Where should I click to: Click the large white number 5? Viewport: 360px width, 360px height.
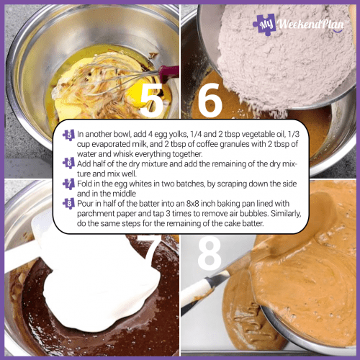coord(151,101)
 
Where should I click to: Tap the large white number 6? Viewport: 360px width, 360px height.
coord(209,101)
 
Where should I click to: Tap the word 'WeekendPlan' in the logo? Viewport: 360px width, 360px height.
coord(310,24)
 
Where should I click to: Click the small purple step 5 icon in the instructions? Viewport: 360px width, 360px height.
coord(68,135)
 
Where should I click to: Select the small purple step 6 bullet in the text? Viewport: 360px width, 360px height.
coord(68,163)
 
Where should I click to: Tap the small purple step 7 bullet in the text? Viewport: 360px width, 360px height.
coord(68,184)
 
